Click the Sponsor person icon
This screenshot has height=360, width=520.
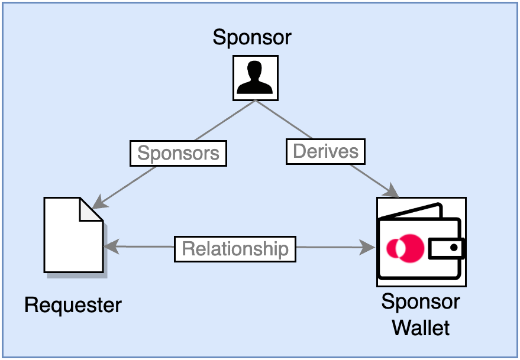coord(254,77)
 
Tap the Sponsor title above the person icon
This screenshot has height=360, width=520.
coord(252,37)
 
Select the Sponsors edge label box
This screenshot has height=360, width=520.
coord(178,154)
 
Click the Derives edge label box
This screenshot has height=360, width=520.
coord(325,151)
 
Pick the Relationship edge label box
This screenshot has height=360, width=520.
coord(235,248)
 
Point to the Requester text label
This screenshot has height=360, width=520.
coord(73,305)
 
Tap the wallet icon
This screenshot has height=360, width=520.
coord(421,242)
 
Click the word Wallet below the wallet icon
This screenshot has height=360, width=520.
coord(421,327)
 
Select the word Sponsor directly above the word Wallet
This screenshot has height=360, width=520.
coord(421,302)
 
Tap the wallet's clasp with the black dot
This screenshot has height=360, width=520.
coord(446,248)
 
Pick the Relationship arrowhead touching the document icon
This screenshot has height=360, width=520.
coord(110,247)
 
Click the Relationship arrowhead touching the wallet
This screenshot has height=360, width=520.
coord(369,248)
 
